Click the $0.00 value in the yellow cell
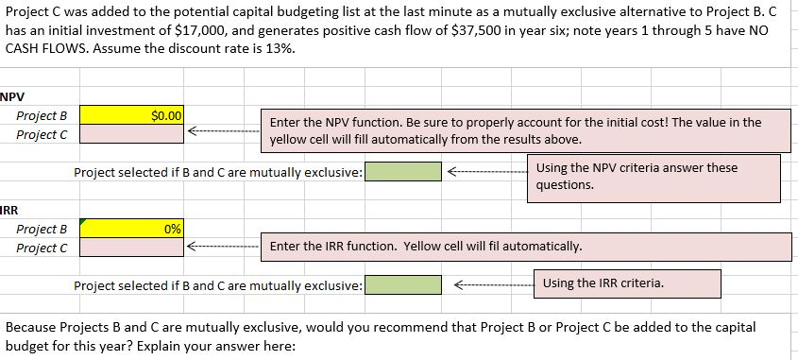click(166, 115)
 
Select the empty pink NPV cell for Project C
click(132, 134)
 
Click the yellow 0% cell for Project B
click(132, 228)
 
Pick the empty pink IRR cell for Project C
click(132, 248)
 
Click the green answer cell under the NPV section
click(403, 172)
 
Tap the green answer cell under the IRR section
click(403, 284)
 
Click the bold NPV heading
click(12, 96)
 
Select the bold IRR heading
click(9, 210)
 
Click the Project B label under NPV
click(42, 116)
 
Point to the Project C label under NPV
click(42, 135)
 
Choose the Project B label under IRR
click(42, 230)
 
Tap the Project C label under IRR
click(42, 248)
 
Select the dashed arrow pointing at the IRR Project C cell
click(224, 247)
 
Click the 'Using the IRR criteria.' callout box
click(627, 283)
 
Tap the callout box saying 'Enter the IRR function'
click(526, 247)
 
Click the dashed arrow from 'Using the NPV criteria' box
click(487, 172)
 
